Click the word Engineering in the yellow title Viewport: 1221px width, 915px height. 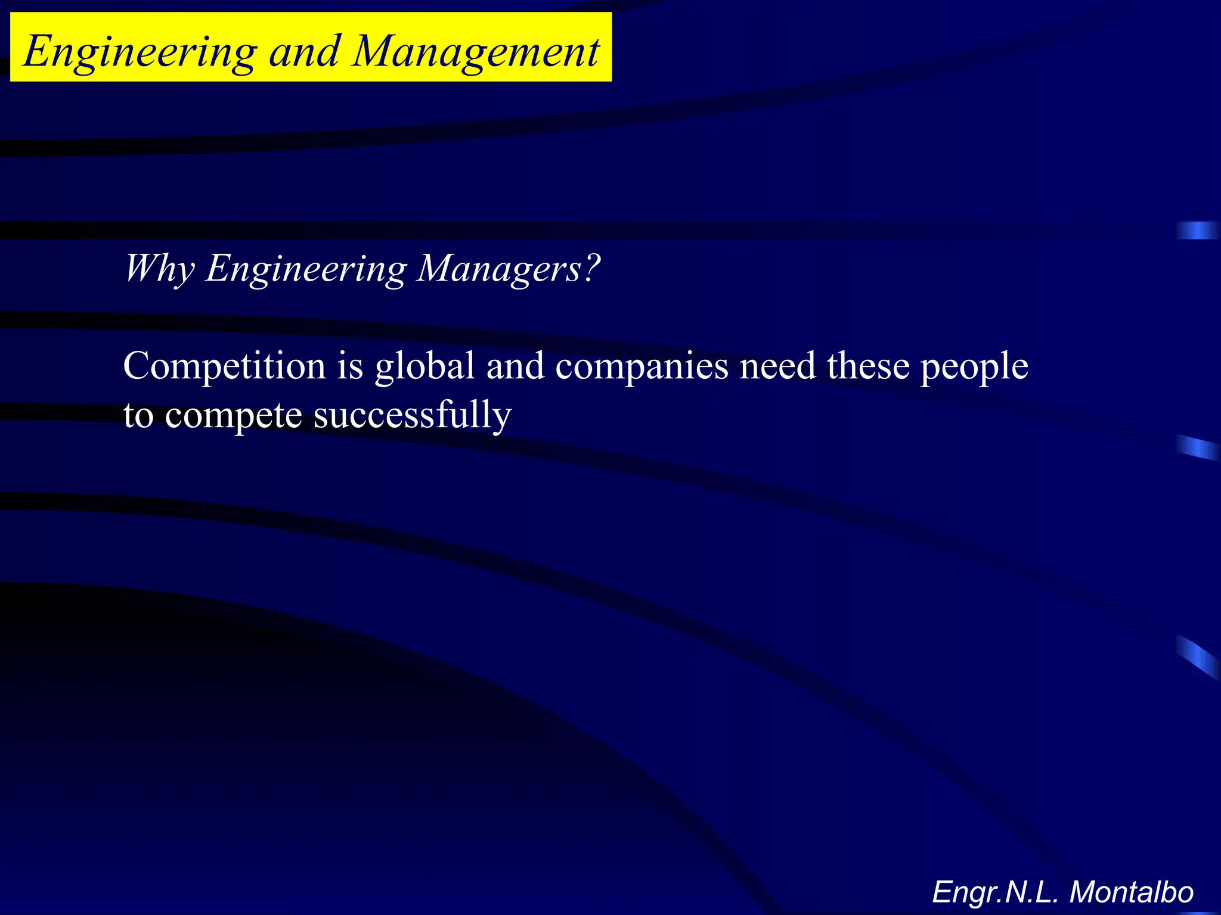pos(140,52)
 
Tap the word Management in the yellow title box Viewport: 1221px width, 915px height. pos(476,52)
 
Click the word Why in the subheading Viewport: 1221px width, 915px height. pos(159,269)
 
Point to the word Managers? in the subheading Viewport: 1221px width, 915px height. pos(508,269)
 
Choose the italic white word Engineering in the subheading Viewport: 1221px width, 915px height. pos(306,269)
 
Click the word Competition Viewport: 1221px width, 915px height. pos(224,366)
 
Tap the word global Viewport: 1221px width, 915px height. pos(424,366)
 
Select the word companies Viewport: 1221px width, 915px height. pos(642,367)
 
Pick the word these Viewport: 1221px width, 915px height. pos(867,366)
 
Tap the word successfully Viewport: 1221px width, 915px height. pos(412,416)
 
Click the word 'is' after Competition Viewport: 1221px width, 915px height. pos(351,366)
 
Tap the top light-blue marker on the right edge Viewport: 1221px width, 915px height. pos(1197,231)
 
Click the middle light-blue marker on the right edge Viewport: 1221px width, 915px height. pos(1197,448)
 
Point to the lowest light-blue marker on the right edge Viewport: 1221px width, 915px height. pos(1197,657)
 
